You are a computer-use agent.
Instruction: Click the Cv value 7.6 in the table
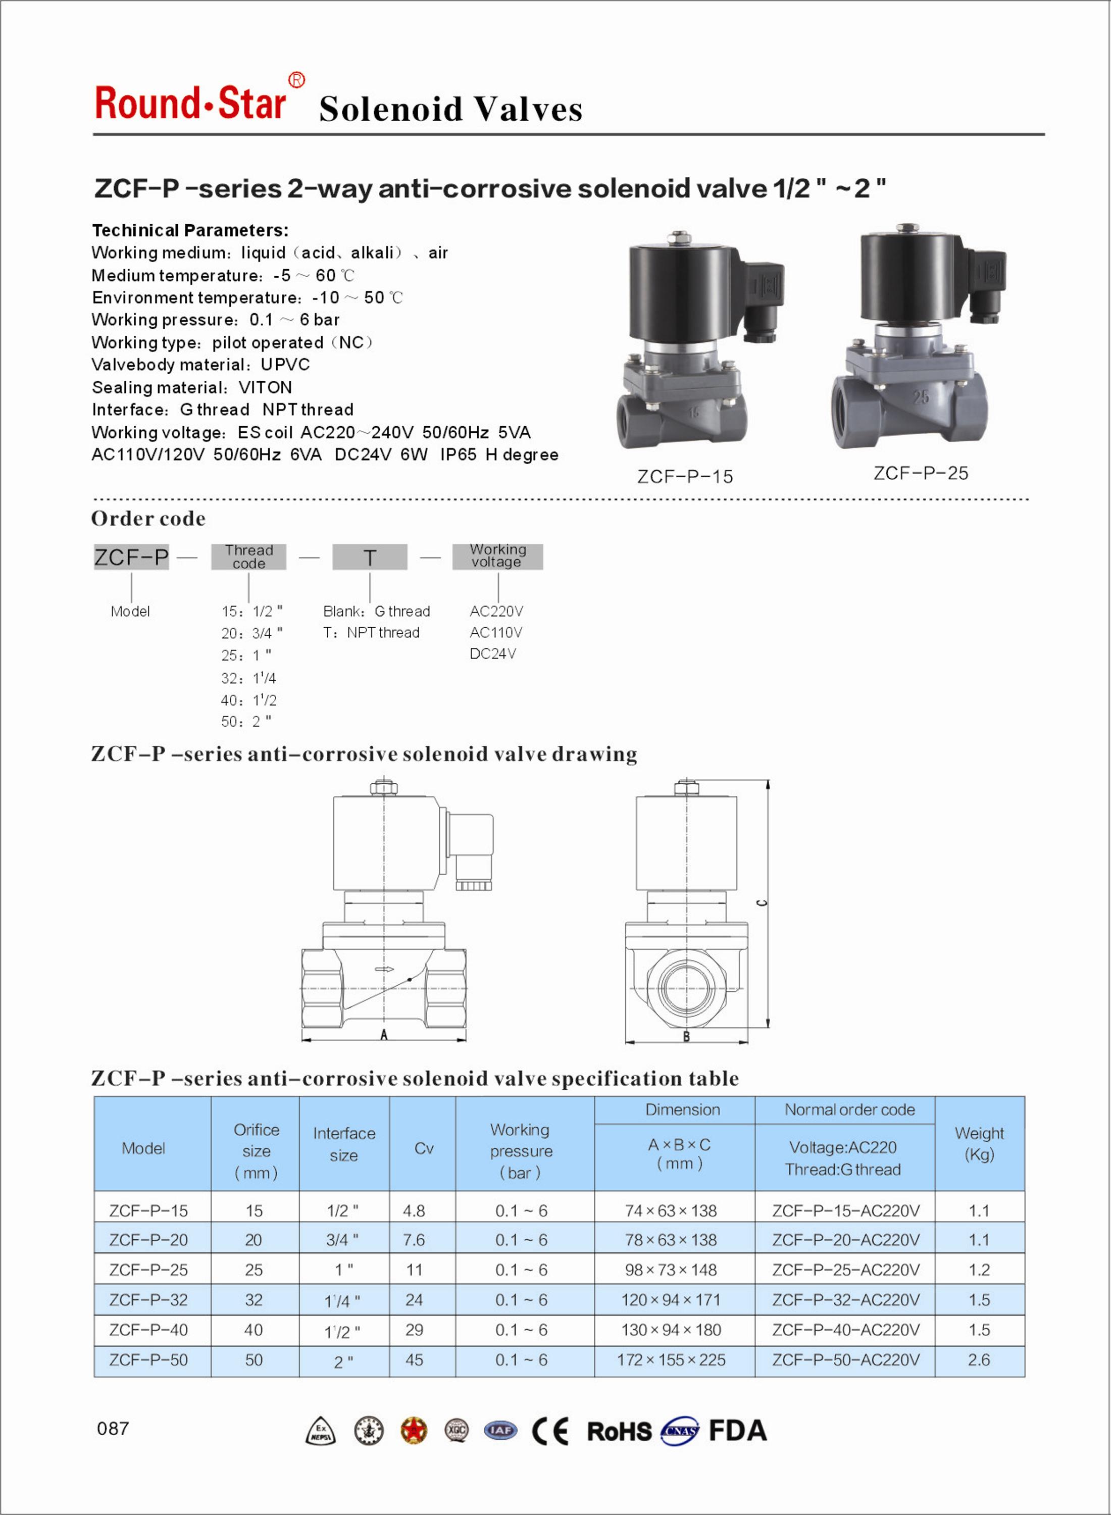coord(414,1239)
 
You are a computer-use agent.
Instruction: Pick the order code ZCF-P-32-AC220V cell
coord(845,1300)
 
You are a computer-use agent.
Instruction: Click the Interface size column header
coord(344,1144)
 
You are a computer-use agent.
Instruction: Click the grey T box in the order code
coord(369,557)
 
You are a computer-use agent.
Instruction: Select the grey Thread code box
coord(249,557)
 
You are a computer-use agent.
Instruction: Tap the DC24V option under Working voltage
coord(492,653)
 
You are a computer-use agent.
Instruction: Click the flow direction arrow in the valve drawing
coord(384,969)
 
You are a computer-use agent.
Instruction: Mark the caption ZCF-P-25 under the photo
coord(921,473)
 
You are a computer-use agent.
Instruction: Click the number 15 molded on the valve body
coord(693,412)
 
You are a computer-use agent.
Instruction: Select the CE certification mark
coord(550,1431)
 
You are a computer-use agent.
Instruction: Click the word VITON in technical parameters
coord(265,387)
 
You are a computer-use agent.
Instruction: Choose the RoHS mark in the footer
coord(619,1431)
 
